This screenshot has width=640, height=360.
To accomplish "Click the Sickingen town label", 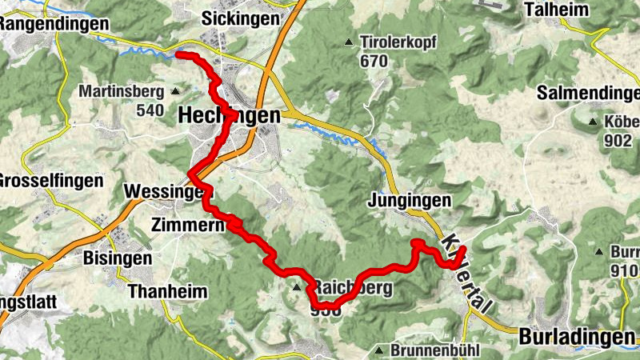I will click(241, 17).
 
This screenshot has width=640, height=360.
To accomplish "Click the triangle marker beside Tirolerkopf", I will click(348, 42).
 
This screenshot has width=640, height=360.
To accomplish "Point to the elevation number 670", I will click(373, 61).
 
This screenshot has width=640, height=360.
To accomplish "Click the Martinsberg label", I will click(121, 91).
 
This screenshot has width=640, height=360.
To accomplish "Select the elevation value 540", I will click(150, 110).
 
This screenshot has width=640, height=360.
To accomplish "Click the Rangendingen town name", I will click(53, 24).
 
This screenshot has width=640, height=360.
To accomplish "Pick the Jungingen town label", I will click(410, 200).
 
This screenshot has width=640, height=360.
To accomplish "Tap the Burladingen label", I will click(578, 336).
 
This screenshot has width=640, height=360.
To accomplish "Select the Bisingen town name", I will click(118, 258).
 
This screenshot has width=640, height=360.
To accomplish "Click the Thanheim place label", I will click(166, 290).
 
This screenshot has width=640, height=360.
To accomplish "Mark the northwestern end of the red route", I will click(177, 54).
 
